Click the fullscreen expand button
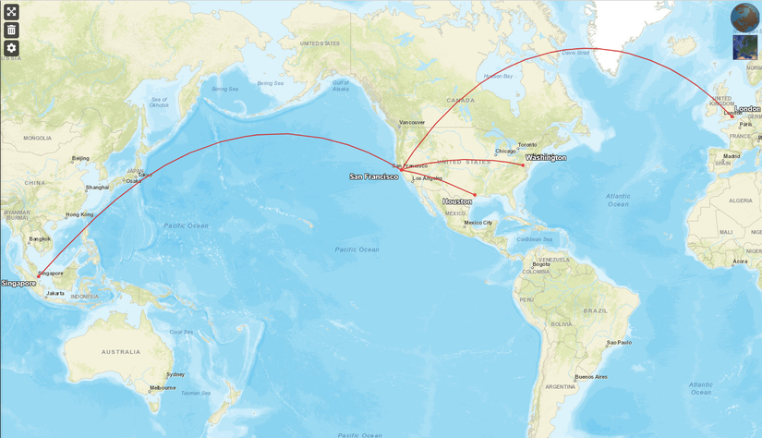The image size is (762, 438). (x=11, y=12)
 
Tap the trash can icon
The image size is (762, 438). (x=11, y=30)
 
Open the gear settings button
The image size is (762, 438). (x=11, y=47)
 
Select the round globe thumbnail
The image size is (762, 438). (x=744, y=18)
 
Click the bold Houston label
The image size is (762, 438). (x=456, y=201)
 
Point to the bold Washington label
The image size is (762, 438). (x=545, y=158)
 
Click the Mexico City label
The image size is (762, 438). (x=478, y=222)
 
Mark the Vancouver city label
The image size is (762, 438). (x=412, y=122)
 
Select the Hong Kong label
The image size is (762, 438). (x=79, y=214)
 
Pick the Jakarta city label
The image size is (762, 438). (x=55, y=293)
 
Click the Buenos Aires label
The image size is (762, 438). (x=590, y=377)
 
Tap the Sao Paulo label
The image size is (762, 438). (x=618, y=343)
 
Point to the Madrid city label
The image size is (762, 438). (x=732, y=156)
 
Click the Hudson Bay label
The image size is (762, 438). (x=497, y=76)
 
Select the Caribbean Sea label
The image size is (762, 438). (x=534, y=239)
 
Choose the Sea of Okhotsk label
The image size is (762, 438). (x=159, y=102)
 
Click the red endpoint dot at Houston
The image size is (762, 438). (x=474, y=194)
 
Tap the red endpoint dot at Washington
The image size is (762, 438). (x=523, y=164)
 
